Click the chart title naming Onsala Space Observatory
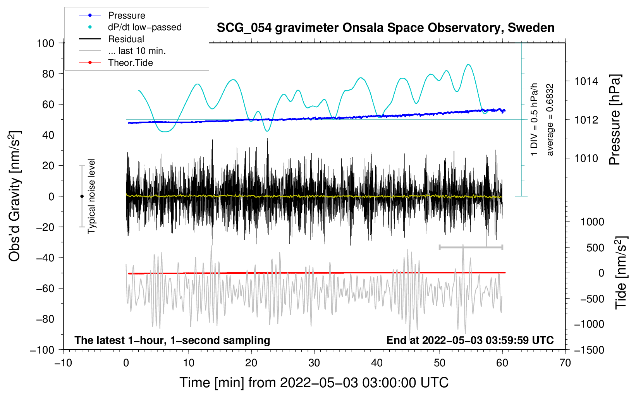click(385, 28)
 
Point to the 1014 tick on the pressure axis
click(586, 81)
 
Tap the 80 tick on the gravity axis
click(48, 74)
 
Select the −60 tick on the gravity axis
click(45, 288)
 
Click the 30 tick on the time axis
click(314, 363)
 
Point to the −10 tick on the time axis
click(63, 363)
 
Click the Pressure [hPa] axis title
click(615, 120)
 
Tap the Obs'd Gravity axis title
click(14, 196)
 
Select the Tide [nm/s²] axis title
click(621, 273)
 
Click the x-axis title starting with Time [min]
click(314, 383)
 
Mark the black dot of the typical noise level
click(82, 196)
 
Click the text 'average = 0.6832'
click(549, 120)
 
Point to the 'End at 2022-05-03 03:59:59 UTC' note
click(470, 340)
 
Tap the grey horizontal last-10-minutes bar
click(471, 247)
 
